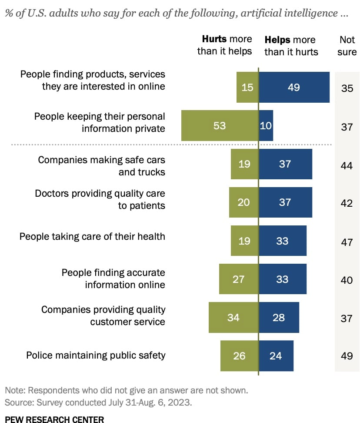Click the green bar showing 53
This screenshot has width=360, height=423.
tap(220, 125)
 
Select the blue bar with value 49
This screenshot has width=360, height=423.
tap(294, 87)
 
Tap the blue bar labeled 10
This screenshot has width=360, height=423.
tap(266, 125)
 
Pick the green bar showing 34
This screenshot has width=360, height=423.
tap(233, 317)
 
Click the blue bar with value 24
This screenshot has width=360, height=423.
tap(276, 356)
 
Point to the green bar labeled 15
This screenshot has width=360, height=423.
tap(247, 87)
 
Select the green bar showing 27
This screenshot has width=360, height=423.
tap(239, 279)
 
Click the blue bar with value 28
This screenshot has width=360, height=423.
tap(279, 317)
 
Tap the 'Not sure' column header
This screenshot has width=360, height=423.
tap(347, 46)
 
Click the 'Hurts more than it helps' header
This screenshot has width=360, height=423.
tap(224, 45)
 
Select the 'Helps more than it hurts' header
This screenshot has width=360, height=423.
tap(291, 46)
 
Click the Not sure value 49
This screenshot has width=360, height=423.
tap(347, 356)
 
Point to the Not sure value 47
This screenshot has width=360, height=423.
tap(347, 242)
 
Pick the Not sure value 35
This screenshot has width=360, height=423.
tap(347, 88)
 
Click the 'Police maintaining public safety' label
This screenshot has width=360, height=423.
tap(96, 355)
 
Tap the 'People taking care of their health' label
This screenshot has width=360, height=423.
tap(92, 237)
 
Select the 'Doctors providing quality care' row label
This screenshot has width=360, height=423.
tap(100, 199)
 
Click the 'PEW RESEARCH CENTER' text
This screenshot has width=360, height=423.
tap(54, 420)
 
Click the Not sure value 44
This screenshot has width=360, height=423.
tap(347, 165)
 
